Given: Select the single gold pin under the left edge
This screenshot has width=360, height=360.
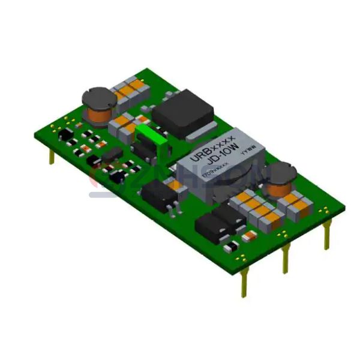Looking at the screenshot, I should pos(52,157).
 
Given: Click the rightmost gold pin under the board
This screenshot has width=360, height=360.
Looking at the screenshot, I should pos(326,235).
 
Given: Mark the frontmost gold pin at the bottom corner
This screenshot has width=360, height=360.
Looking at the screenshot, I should pos(244,282).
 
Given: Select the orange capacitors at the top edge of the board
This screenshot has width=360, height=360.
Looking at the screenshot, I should pos(131,89).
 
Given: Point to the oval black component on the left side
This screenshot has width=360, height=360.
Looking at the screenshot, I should pos(112,155).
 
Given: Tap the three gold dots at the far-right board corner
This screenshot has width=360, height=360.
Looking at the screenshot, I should pos(324,211).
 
